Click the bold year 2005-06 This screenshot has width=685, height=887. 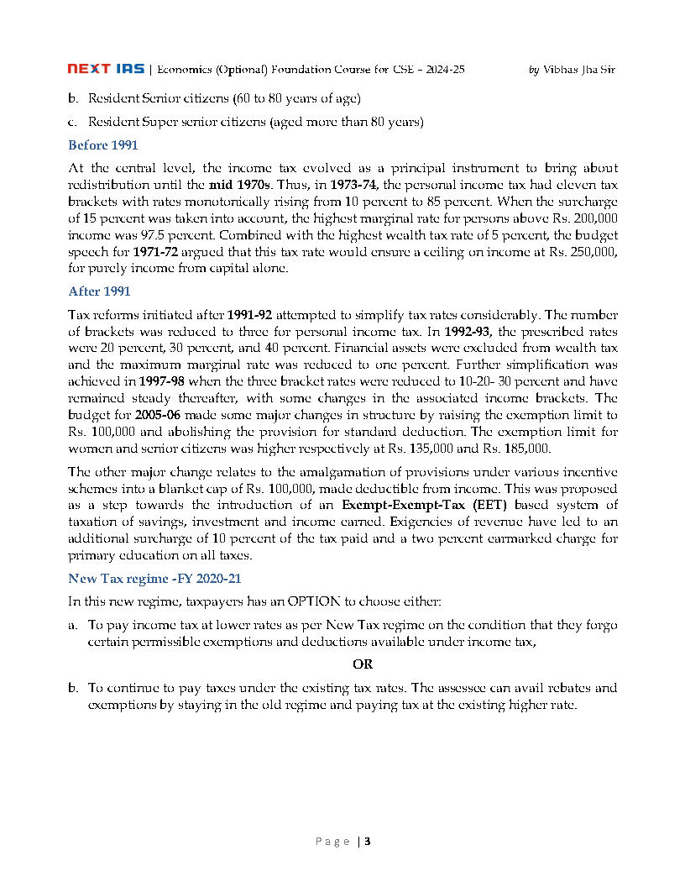(x=160, y=416)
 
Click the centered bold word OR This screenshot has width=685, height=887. (x=362, y=664)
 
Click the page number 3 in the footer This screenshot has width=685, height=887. (x=367, y=842)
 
